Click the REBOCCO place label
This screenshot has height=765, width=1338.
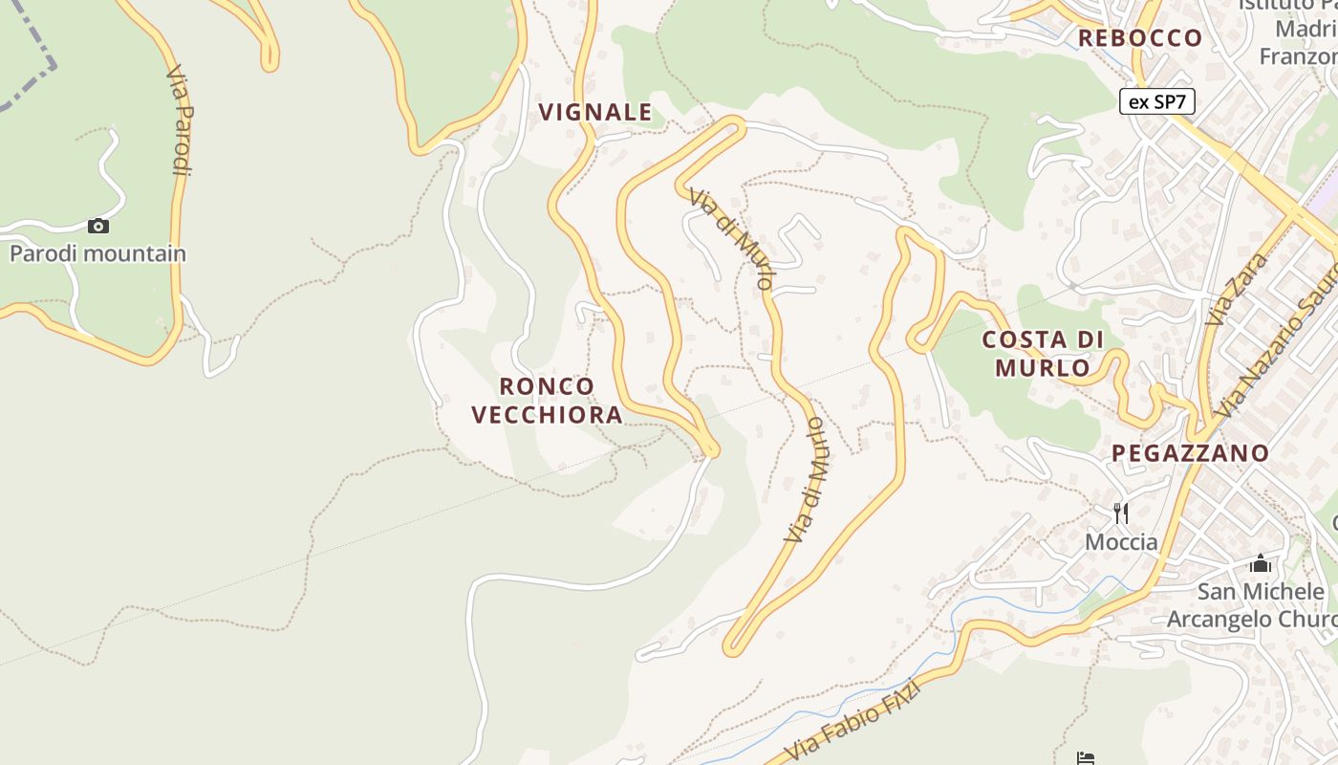coord(1140,38)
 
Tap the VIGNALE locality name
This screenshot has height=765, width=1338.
coord(595,112)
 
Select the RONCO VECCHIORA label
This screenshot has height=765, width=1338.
coord(547,400)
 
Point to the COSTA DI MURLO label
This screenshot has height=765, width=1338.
coord(1043,353)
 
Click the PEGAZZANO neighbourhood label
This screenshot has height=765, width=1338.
coord(1190,452)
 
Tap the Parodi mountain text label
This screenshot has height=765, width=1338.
coord(97,253)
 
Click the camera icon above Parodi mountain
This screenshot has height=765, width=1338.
coord(97,227)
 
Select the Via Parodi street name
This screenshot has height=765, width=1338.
coord(180,120)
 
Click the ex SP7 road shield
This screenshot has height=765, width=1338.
coord(1156,101)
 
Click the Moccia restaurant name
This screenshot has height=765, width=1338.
coord(1121,542)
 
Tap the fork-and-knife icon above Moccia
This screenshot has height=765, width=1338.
coord(1121,514)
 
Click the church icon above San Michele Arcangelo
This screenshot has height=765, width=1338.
coord(1260,563)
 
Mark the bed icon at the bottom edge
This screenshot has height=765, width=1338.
coord(1085,759)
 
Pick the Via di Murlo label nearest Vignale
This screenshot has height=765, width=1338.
coord(731,239)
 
